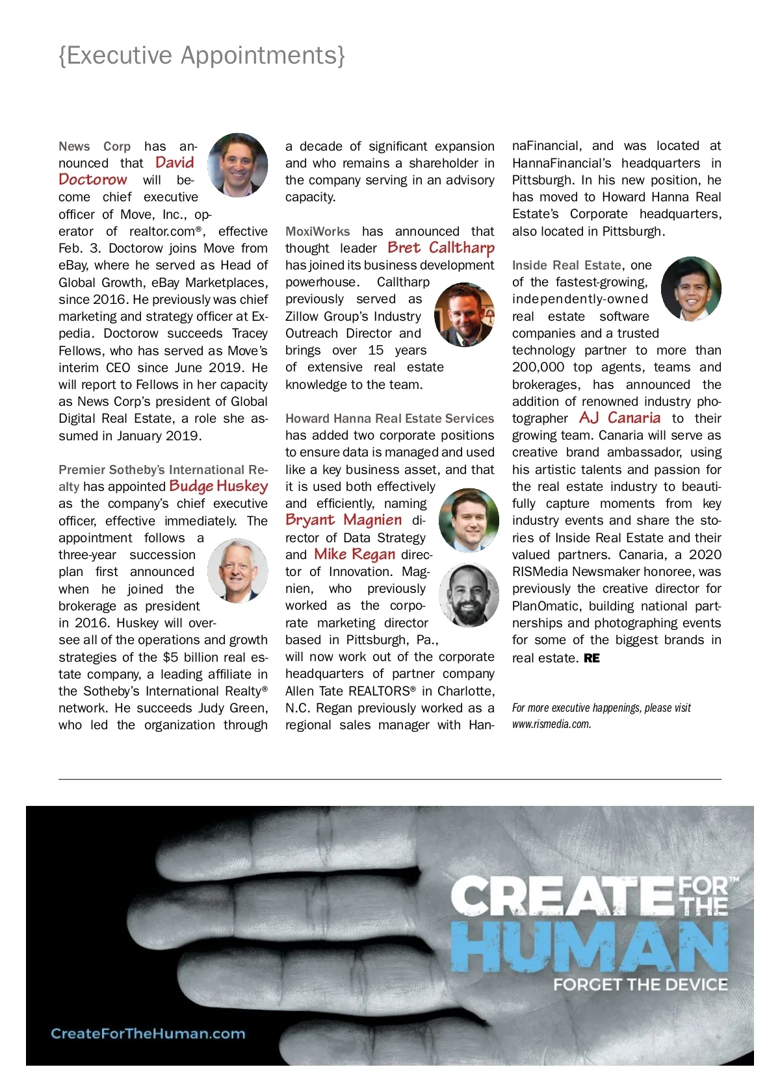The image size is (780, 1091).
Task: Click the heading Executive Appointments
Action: click(201, 56)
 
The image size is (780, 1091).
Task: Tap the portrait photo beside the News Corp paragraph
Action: click(238, 164)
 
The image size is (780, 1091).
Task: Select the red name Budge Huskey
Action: click(218, 486)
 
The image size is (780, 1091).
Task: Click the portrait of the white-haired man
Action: click(237, 571)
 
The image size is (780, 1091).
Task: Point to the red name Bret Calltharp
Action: click(441, 247)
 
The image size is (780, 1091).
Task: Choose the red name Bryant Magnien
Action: click(343, 520)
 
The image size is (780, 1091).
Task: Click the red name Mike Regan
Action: click(354, 554)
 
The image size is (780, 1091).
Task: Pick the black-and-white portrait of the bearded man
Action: click(469, 595)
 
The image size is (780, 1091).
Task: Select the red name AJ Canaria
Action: click(619, 418)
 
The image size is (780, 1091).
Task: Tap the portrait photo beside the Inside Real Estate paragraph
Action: click(691, 288)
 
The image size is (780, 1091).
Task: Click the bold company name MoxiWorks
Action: click(317, 231)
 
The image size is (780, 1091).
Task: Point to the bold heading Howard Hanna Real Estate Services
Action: click(389, 418)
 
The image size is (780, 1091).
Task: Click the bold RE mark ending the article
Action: click(591, 658)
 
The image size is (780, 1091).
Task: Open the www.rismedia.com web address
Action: click(551, 724)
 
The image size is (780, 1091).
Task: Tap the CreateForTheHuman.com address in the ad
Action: click(148, 1033)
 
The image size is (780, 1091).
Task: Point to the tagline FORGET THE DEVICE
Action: click(640, 984)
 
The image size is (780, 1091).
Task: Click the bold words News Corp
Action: click(95, 146)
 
